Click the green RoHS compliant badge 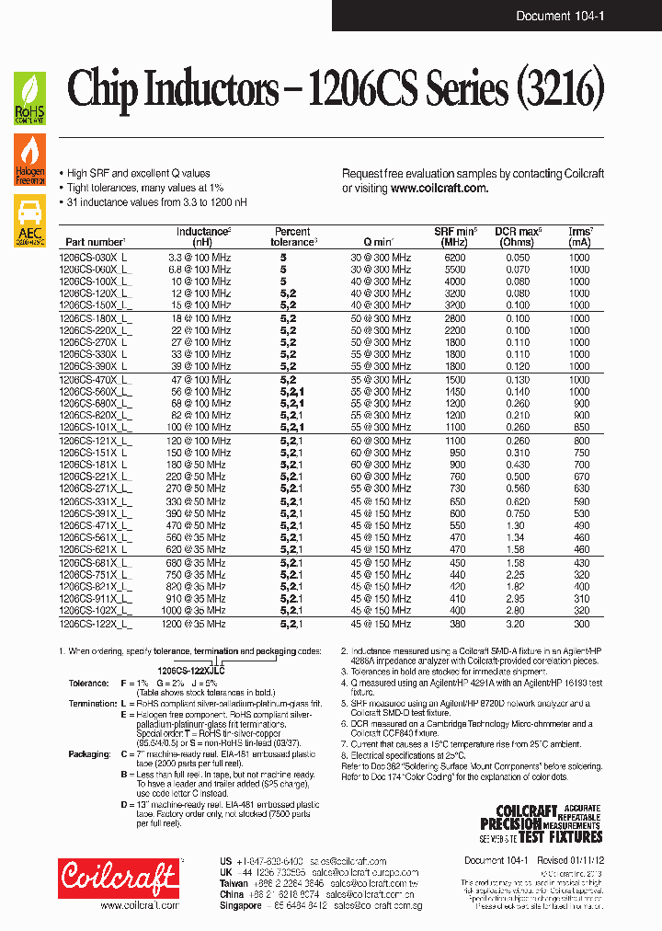29,99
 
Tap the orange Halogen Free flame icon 29,161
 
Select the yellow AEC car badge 29,220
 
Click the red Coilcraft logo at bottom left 117,878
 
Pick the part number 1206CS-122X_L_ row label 96,624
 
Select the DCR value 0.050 518,259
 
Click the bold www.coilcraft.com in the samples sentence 439,188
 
